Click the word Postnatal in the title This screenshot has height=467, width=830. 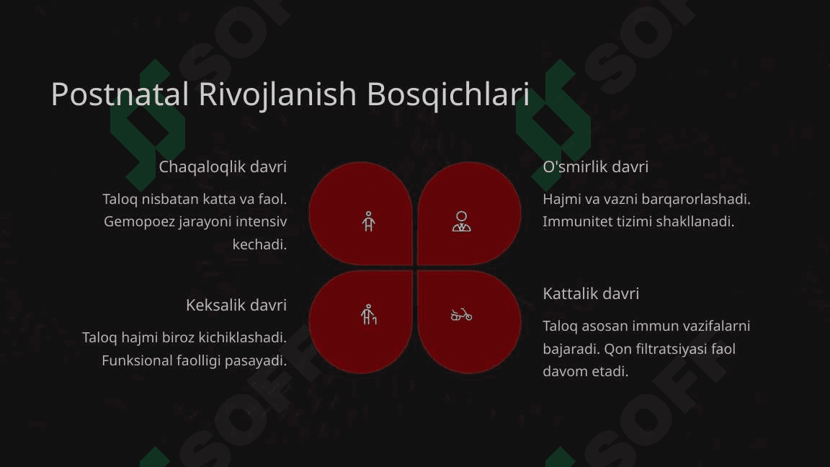click(120, 94)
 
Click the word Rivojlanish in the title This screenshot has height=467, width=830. click(278, 95)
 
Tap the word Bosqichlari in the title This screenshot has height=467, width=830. click(448, 95)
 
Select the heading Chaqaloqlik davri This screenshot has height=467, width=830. click(223, 166)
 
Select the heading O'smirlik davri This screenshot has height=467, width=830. click(596, 166)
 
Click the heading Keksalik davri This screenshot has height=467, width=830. click(236, 305)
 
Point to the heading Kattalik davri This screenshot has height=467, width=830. click(591, 293)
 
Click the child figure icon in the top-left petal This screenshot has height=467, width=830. click(368, 222)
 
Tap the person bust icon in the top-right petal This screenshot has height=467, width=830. click(462, 221)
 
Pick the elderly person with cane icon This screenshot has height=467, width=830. click(368, 314)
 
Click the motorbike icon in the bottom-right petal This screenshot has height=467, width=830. click(461, 314)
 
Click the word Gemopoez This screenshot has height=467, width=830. click(138, 222)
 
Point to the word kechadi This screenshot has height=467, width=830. click(259, 244)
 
